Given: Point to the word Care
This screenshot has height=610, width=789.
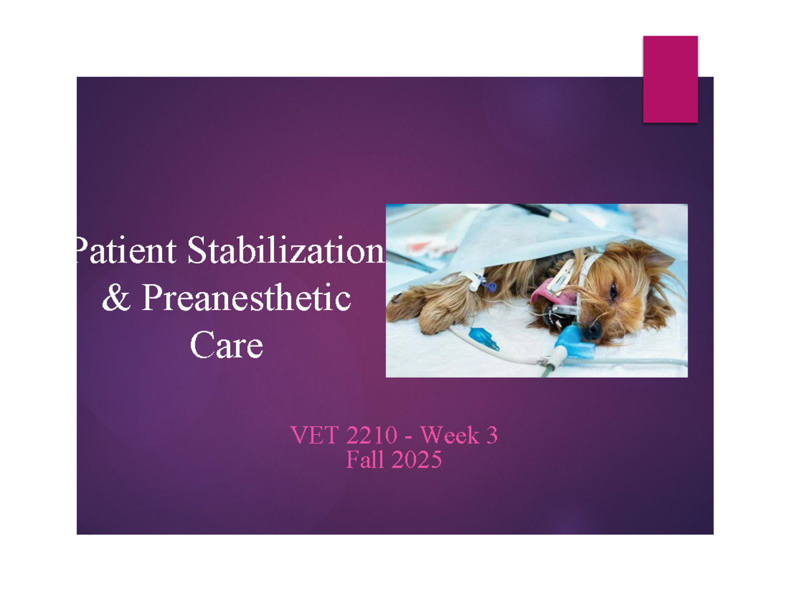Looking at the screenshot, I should point(226,345).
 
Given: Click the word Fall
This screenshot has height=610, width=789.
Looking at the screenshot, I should point(364,461).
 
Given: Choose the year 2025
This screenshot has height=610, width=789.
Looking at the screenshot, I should point(416,461).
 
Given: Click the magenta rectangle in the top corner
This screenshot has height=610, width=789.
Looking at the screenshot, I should point(670,79).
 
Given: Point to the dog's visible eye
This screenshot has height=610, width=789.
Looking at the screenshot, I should point(615,290).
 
